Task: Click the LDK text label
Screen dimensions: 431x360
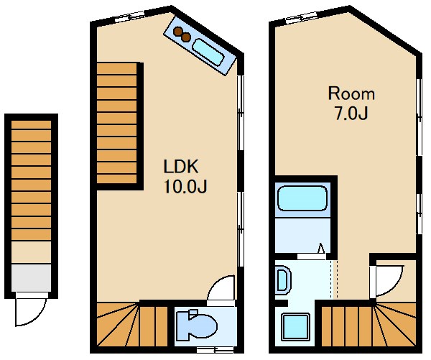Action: (x=180, y=167)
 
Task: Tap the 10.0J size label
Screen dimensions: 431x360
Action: (x=185, y=186)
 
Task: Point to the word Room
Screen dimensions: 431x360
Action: (x=351, y=93)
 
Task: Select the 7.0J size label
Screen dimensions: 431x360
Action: (x=351, y=113)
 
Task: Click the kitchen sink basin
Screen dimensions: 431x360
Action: (x=208, y=52)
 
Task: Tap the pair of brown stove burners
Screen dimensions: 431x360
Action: (x=182, y=34)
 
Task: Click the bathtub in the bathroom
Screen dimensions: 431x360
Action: (x=302, y=198)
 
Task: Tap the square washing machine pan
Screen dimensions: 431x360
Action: (x=295, y=326)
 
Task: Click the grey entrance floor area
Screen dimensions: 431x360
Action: (x=31, y=277)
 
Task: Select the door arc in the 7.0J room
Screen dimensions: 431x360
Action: (x=397, y=287)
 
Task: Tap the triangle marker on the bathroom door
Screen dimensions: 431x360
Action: (x=321, y=248)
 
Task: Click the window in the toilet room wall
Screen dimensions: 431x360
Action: (x=215, y=350)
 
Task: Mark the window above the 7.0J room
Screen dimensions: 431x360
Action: (x=302, y=17)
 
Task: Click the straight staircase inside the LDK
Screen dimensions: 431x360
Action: (x=117, y=123)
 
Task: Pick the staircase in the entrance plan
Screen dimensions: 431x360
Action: (x=31, y=180)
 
